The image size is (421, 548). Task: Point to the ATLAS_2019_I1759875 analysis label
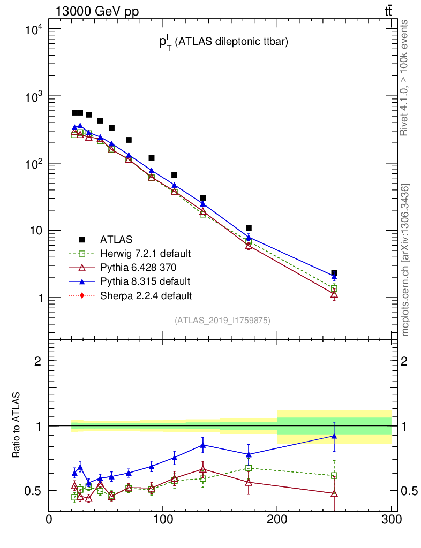pos(222,321)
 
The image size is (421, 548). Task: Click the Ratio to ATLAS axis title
pos(17,425)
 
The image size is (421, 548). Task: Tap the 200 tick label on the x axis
pos(277,521)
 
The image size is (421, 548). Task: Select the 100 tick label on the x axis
pos(163,521)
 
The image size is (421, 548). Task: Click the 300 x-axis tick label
pos(390,521)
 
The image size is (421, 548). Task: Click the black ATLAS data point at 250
pos(334,273)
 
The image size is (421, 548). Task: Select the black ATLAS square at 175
pos(249,228)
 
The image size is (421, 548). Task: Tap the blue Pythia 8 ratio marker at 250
pos(334,436)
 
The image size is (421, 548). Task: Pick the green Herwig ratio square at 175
pos(249,468)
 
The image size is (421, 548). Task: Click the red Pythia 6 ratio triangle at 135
pos(202,469)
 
